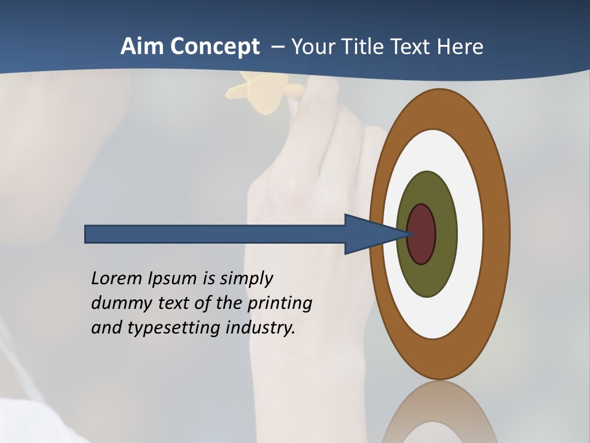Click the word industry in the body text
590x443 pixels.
261,328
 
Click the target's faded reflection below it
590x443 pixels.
439,412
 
